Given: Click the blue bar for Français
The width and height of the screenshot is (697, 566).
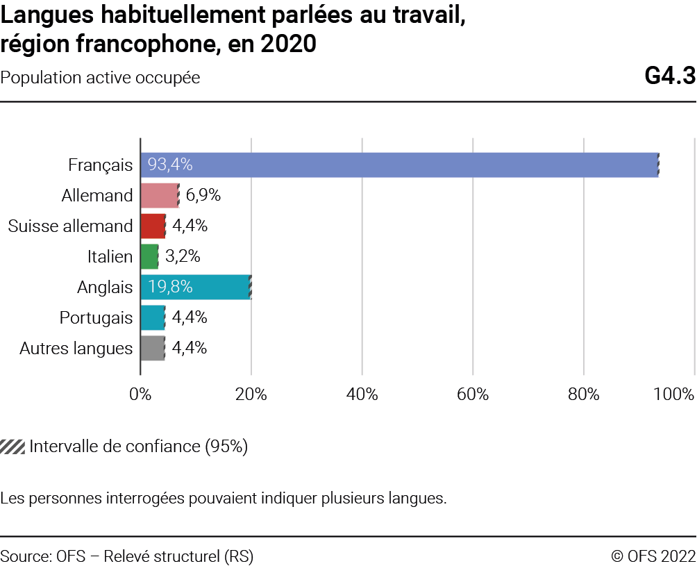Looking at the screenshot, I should tap(399, 165).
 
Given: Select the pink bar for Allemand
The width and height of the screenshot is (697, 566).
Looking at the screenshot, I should tap(160, 196).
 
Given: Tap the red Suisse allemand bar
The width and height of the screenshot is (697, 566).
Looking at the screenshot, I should tap(153, 226).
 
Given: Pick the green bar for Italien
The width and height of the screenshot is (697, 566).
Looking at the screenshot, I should tap(149, 257).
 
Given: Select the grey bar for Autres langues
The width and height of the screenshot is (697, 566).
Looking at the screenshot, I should tap(153, 348).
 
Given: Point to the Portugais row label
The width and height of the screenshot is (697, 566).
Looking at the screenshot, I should tap(96, 317).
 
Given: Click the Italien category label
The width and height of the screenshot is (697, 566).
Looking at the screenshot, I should tap(110, 257).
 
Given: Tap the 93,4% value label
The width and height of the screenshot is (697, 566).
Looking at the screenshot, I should tap(170, 165).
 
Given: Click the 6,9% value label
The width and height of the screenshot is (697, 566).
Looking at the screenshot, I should tap(203, 196).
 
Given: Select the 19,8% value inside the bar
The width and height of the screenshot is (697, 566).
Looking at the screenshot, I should tap(170, 287).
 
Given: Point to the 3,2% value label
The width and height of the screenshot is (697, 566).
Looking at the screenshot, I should tap(183, 257).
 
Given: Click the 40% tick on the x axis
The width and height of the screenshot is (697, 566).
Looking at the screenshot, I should tap(362, 394).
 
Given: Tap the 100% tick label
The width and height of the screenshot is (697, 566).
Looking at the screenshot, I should tap(674, 394).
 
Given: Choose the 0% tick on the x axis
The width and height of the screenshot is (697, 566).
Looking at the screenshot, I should tap(141, 394).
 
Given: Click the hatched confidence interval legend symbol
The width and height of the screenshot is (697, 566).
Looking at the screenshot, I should tap(12, 447).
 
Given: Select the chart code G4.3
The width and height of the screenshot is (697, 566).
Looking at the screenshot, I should tap(669, 77).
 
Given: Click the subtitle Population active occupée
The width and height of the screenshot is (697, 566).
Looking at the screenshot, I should tap(100, 78).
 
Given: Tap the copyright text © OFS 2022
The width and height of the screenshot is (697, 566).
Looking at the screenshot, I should tap(653, 556).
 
